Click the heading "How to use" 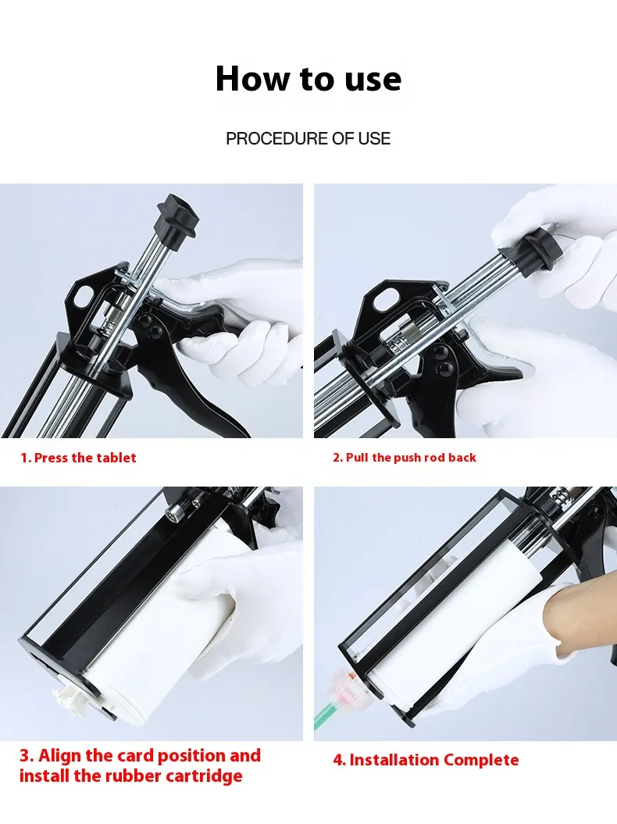click(x=308, y=79)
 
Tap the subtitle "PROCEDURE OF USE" click(x=308, y=138)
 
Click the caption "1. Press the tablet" click(x=78, y=458)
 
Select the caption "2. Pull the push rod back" click(x=404, y=458)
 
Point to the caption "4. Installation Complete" click(x=426, y=760)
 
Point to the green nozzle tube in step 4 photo click(x=325, y=715)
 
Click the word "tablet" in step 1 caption click(x=116, y=458)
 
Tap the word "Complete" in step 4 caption click(x=481, y=760)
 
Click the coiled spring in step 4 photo click(x=560, y=498)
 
